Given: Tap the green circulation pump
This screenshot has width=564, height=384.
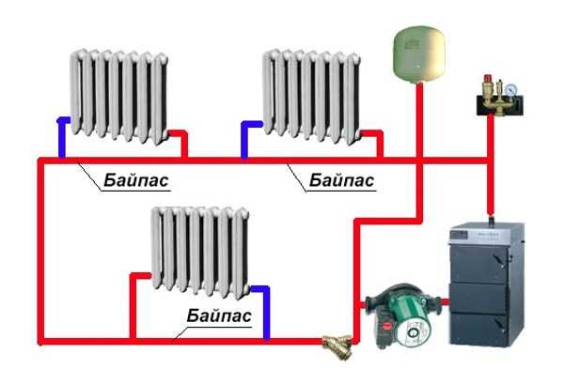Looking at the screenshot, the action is [403, 315].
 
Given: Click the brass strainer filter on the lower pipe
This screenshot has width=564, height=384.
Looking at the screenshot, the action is [338, 346].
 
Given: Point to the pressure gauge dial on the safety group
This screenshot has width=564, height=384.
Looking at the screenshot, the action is [510, 90].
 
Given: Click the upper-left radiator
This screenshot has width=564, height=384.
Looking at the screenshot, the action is [119, 97].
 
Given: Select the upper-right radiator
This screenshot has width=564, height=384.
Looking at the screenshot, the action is [311, 97].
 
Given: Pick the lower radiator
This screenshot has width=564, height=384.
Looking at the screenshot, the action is [200, 253].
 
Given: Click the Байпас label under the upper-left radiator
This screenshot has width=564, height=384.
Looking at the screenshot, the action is [136, 180].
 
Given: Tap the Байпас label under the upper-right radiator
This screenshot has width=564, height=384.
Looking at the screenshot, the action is [342, 180].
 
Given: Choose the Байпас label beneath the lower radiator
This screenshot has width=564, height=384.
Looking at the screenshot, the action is [219, 315].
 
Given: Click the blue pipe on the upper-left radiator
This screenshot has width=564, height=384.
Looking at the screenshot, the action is [63, 136].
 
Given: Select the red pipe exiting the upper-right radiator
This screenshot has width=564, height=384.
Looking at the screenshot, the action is [376, 141].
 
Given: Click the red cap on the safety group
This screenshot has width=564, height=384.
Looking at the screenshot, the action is [488, 79].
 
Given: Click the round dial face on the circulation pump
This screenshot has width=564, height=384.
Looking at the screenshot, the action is [414, 331].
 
